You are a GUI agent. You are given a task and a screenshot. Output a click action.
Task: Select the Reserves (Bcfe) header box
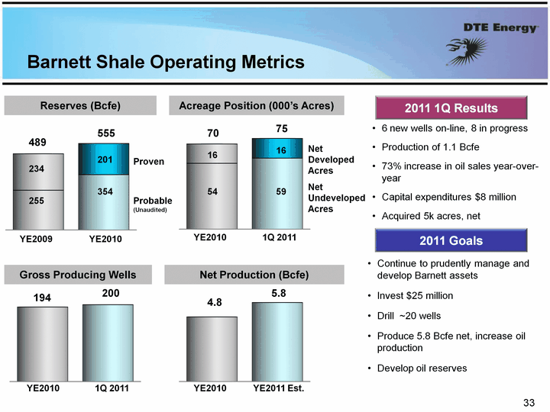tap(80, 105)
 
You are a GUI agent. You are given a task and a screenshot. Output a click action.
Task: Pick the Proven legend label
tap(149, 163)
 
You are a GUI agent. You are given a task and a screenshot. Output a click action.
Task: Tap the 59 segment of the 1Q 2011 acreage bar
tap(281, 192)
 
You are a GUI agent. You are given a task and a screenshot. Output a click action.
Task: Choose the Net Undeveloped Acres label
tap(335, 198)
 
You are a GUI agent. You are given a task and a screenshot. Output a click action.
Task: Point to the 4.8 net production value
tap(212, 303)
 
